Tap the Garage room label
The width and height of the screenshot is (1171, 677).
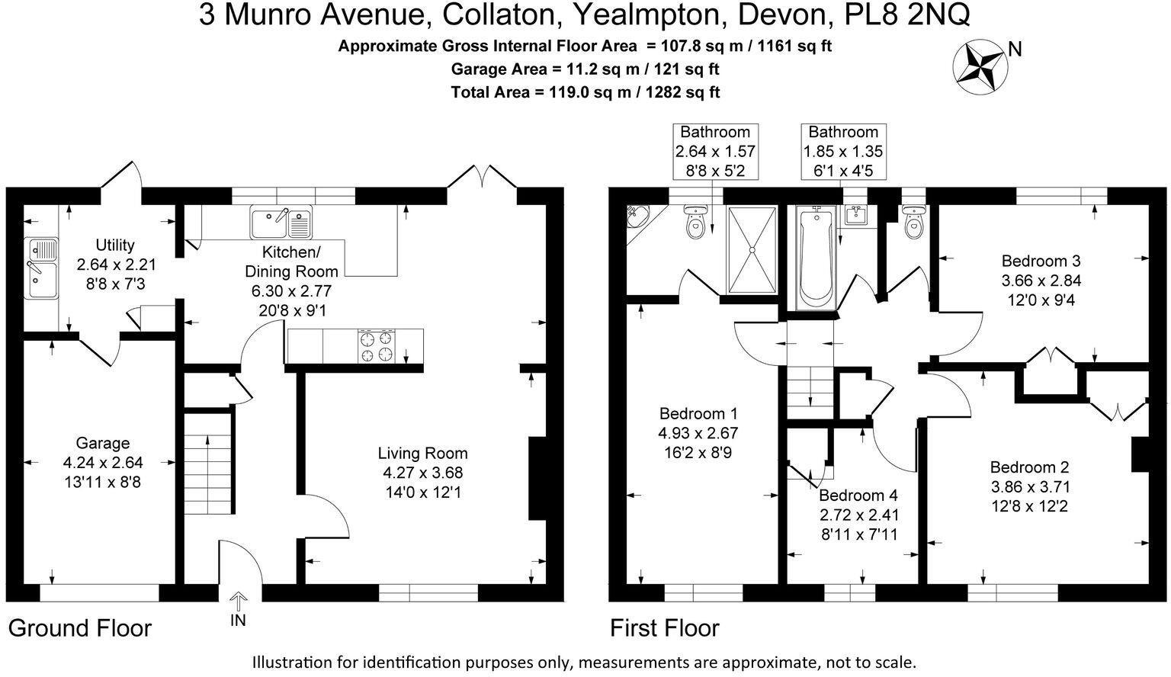coord(102,443)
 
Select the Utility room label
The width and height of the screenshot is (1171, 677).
coord(115,245)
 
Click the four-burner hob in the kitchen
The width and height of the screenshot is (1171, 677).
coord(377,346)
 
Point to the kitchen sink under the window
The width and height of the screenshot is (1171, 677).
coord(281,222)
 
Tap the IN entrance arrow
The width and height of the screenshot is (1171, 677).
coord(238,602)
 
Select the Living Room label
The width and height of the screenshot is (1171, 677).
coord(422,453)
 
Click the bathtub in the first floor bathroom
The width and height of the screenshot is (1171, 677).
coord(816,255)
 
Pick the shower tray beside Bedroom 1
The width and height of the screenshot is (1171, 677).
coord(752,249)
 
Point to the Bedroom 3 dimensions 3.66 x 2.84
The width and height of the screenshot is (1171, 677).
coord(1041,280)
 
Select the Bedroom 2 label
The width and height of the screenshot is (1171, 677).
coord(1029,467)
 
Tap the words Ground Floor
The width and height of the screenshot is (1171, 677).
coord(80,628)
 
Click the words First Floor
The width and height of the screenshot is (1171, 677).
coord(664,628)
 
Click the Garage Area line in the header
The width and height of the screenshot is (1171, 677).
coord(585,69)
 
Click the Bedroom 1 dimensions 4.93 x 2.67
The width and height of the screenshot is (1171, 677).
coord(698,433)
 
